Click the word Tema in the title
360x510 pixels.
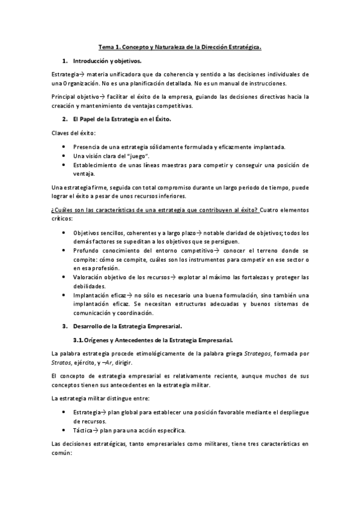(x=106, y=46)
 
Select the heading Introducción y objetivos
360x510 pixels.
(x=107, y=61)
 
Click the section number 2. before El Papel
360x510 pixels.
(x=66, y=119)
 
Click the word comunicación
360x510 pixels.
(x=93, y=313)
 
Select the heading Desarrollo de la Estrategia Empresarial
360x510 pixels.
(x=127, y=326)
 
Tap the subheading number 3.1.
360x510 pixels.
(x=87, y=340)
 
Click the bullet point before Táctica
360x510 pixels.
(x=65, y=430)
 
